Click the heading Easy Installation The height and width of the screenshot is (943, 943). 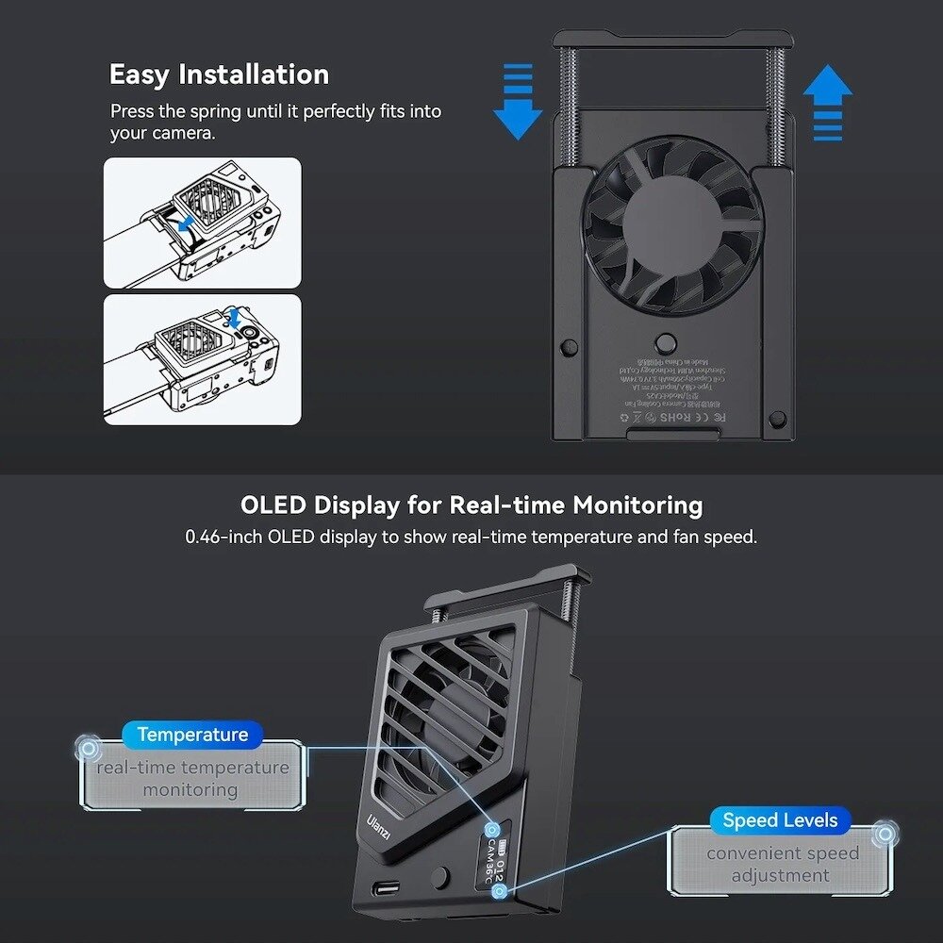tap(219, 74)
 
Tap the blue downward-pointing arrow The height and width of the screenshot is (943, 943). tap(518, 102)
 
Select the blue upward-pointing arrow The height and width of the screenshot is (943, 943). tap(828, 103)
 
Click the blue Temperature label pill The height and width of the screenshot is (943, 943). tap(192, 735)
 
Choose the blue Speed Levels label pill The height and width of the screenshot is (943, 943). tap(780, 820)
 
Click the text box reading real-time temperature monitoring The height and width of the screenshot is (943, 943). tap(192, 778)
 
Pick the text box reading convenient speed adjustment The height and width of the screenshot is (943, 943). tap(782, 864)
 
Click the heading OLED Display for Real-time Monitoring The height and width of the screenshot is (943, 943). tap(471, 505)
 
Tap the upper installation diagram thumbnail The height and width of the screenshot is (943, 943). tap(203, 223)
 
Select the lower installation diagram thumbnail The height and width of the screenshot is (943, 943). tap(203, 359)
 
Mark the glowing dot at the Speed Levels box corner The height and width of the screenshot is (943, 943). tap(884, 835)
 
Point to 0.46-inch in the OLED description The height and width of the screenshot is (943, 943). tap(224, 538)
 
